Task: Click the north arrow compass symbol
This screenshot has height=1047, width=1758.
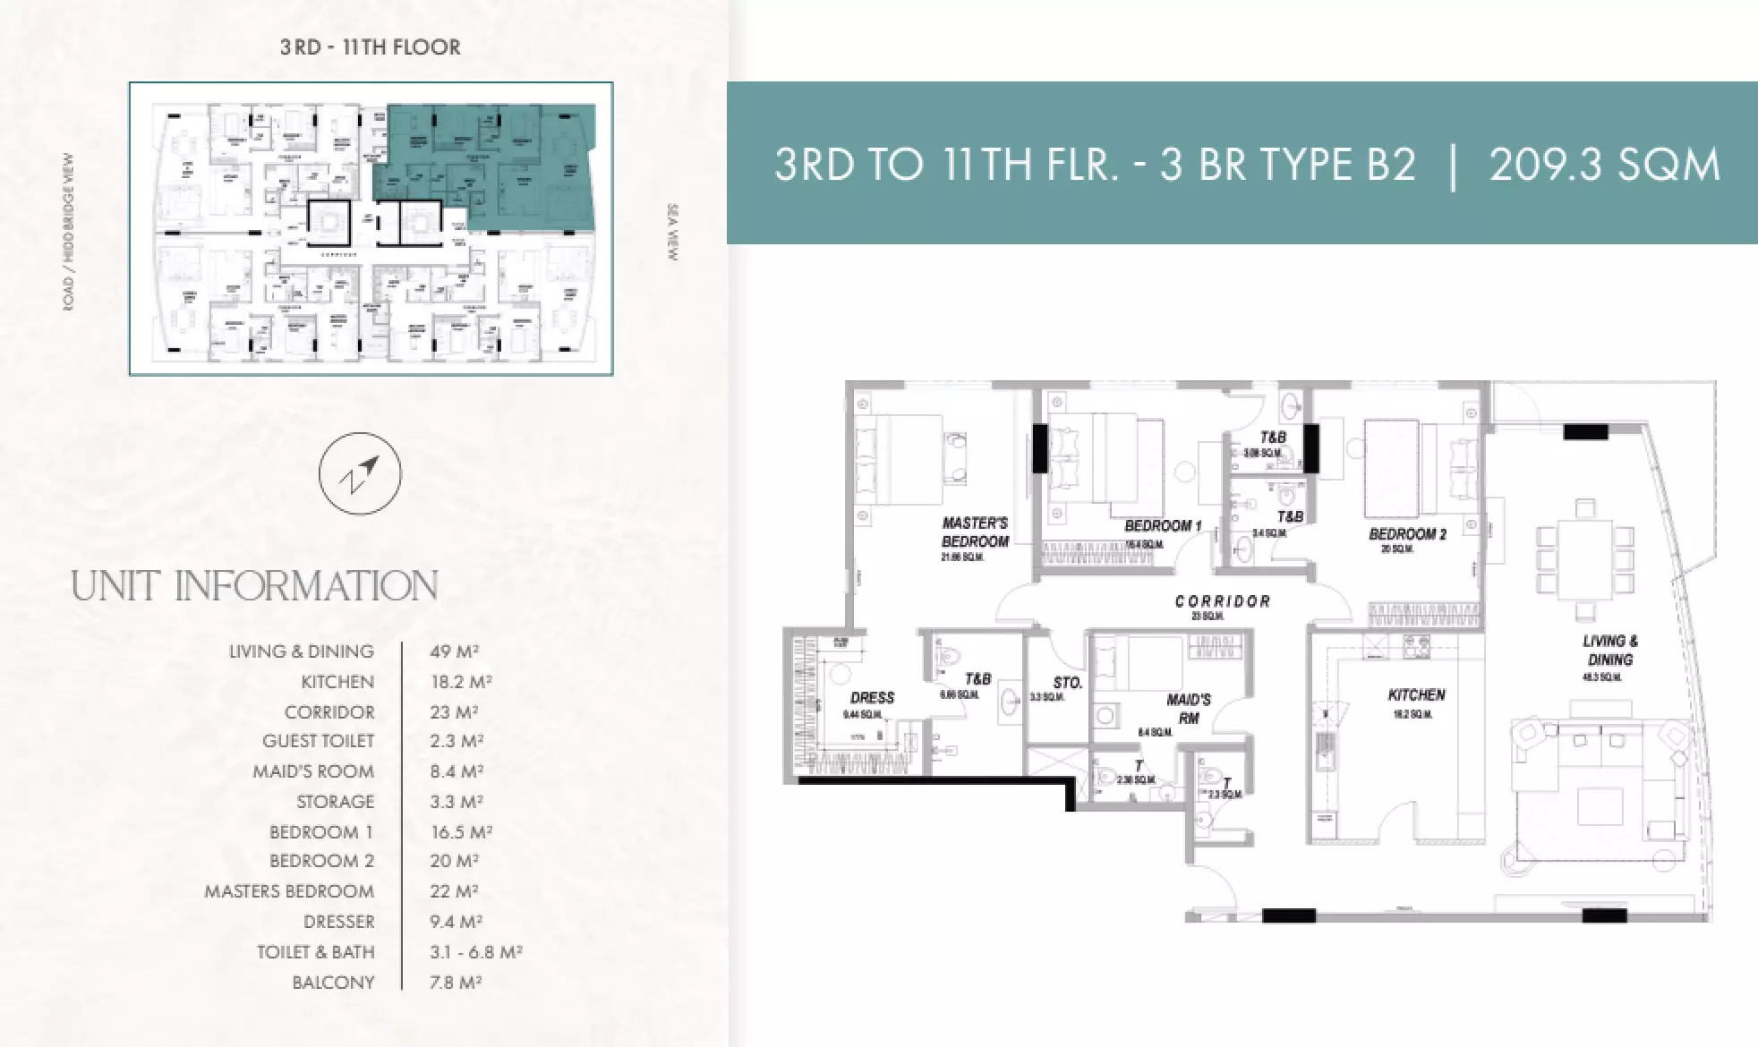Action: click(x=360, y=473)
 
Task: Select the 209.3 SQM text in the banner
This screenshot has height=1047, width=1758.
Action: click(x=1604, y=165)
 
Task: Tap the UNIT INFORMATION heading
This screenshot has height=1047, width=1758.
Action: click(x=254, y=587)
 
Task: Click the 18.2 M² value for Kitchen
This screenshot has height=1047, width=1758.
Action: click(x=461, y=682)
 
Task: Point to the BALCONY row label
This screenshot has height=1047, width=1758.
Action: click(x=333, y=983)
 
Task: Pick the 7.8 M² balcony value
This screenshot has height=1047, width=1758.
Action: click(x=456, y=983)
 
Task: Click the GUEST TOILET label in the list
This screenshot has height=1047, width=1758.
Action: click(x=318, y=741)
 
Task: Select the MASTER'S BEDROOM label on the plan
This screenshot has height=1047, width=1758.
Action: click(x=975, y=532)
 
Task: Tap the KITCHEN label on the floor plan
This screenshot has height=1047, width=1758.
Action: click(x=1416, y=694)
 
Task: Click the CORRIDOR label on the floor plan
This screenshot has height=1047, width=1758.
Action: click(x=1223, y=601)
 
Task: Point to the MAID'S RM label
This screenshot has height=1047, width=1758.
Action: click(x=1189, y=708)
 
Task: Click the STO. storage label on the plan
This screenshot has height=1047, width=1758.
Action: click(x=1067, y=683)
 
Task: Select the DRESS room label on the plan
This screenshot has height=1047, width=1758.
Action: click(x=872, y=697)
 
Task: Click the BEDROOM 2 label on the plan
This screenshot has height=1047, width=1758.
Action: click(x=1407, y=534)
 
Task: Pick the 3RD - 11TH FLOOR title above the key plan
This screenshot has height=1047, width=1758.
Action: click(x=371, y=47)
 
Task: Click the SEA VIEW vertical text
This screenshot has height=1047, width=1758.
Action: click(x=673, y=233)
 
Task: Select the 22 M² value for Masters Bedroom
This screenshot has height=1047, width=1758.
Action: click(x=454, y=891)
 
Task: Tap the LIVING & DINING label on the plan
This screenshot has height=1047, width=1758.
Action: click(x=1609, y=651)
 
